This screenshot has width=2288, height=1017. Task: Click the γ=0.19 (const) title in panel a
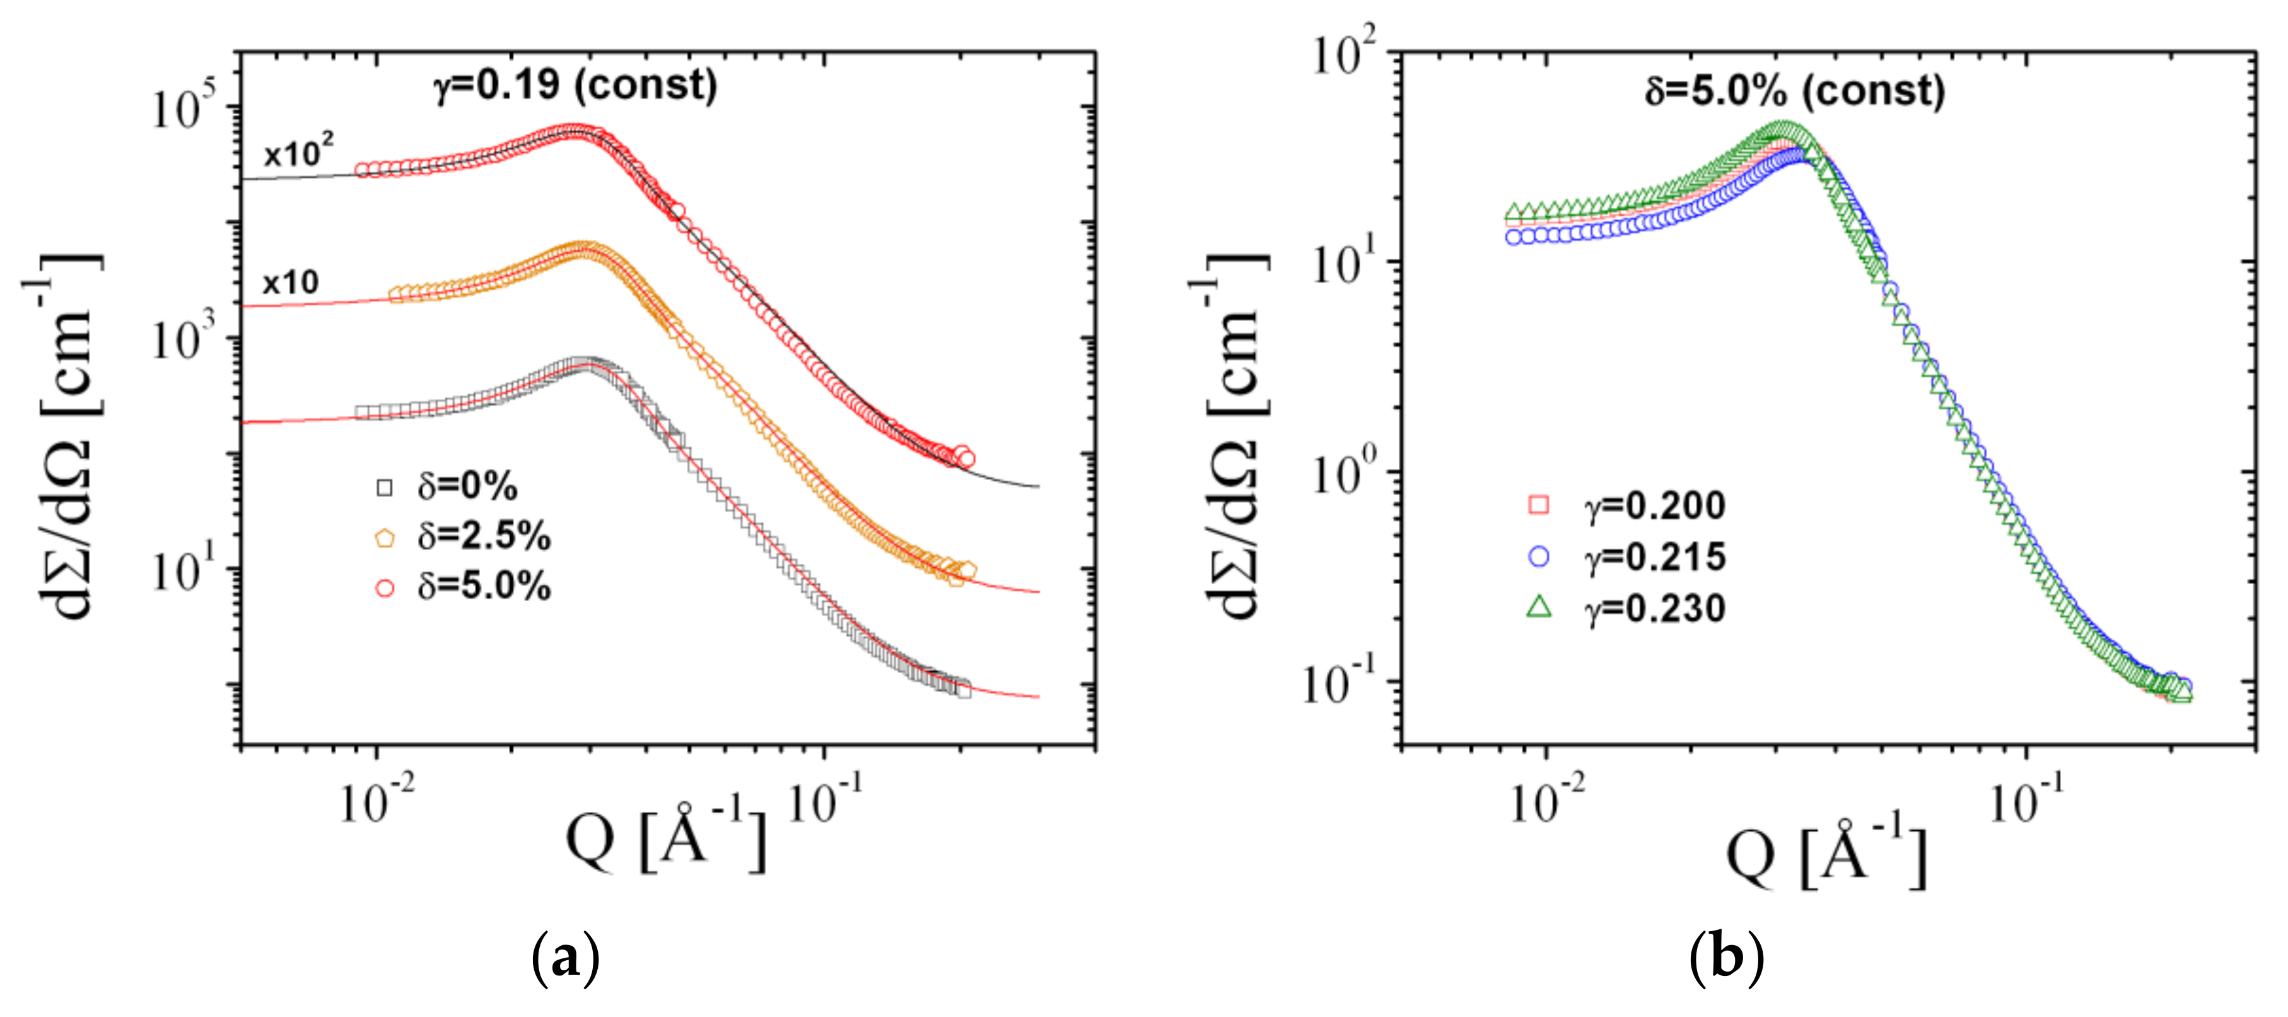[576, 85]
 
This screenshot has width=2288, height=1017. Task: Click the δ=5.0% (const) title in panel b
[1794, 91]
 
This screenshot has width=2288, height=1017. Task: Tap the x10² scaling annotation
[298, 153]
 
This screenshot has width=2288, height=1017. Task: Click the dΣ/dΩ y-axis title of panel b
[1235, 435]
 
